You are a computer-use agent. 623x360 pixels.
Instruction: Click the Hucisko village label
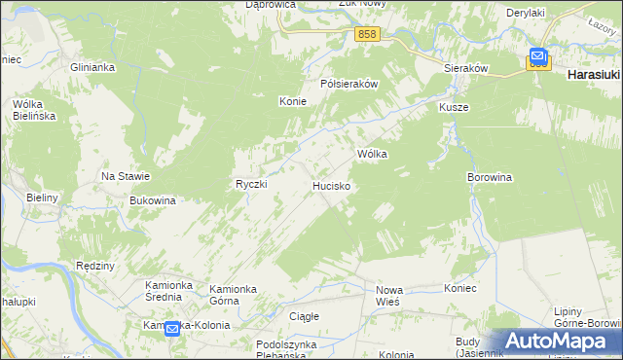[331, 185]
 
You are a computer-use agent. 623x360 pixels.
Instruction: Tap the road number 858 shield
[367, 34]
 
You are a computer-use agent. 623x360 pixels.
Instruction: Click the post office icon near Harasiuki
[538, 57]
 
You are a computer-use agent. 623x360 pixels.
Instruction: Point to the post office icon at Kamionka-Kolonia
[172, 330]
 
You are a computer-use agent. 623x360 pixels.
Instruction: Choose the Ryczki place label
[251, 184]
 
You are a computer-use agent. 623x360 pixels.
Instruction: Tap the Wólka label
[373, 154]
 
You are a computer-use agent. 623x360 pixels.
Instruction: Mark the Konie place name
[293, 101]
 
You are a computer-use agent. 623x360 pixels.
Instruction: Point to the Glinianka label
[93, 67]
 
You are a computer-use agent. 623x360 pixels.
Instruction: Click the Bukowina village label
[152, 200]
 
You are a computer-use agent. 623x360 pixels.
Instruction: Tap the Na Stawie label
[126, 176]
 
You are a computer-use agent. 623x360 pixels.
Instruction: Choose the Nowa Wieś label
[389, 296]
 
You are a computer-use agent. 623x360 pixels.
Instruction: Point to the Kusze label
[454, 107]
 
